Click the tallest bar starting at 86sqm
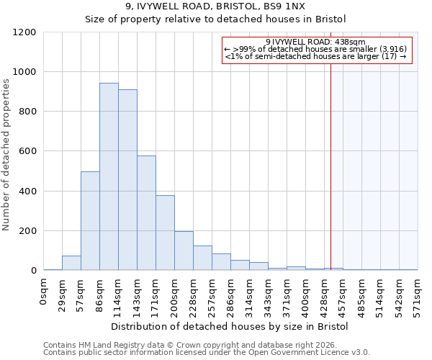point(109,176)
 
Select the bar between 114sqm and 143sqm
point(127,180)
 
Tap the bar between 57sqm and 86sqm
point(90,221)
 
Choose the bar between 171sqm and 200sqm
point(165,233)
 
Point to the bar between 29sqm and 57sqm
point(71,263)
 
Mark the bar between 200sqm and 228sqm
point(184,251)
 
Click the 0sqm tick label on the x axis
point(44,294)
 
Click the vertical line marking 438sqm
point(331,166)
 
